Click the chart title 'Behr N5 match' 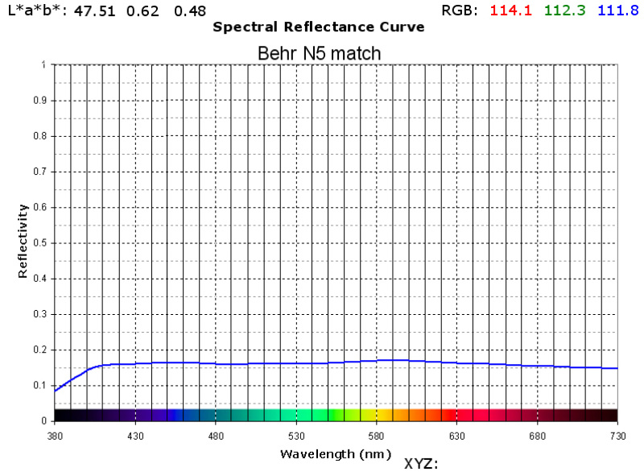[x=319, y=53]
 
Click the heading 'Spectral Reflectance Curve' [x=318, y=27]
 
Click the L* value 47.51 [x=95, y=11]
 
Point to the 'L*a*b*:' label [x=37, y=10]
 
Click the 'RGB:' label [x=461, y=10]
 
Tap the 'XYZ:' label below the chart [x=420, y=464]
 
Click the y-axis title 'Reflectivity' [x=23, y=241]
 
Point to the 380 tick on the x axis [x=55, y=436]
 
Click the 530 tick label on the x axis [x=296, y=436]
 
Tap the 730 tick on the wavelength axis [x=617, y=436]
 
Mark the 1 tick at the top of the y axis [x=43, y=65]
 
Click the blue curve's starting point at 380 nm [x=55, y=391]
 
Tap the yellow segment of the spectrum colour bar [x=377, y=415]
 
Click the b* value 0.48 [x=190, y=11]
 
